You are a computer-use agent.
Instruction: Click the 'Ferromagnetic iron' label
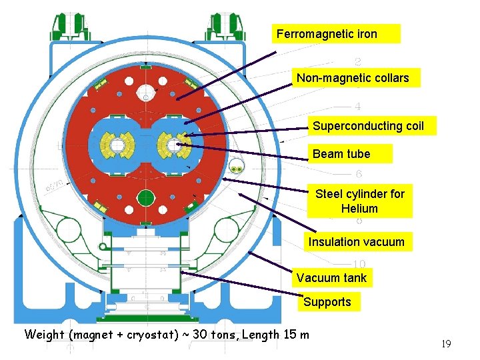coord(327,34)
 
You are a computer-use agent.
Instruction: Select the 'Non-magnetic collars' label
coord(353,78)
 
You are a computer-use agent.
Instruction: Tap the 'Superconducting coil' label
coord(368,126)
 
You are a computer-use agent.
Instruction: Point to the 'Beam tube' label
coord(341,154)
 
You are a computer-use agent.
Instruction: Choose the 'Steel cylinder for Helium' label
coord(360,201)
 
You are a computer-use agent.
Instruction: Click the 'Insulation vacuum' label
coord(356,242)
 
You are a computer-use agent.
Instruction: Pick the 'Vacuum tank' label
coord(331,278)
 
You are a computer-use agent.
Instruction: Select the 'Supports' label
coord(327,302)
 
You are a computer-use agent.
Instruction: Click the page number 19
coord(446,344)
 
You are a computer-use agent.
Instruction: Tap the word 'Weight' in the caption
coord(45,335)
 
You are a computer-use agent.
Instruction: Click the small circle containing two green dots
coord(236,167)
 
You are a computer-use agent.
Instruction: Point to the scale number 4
coord(358,106)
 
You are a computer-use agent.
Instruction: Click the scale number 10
coord(359,264)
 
